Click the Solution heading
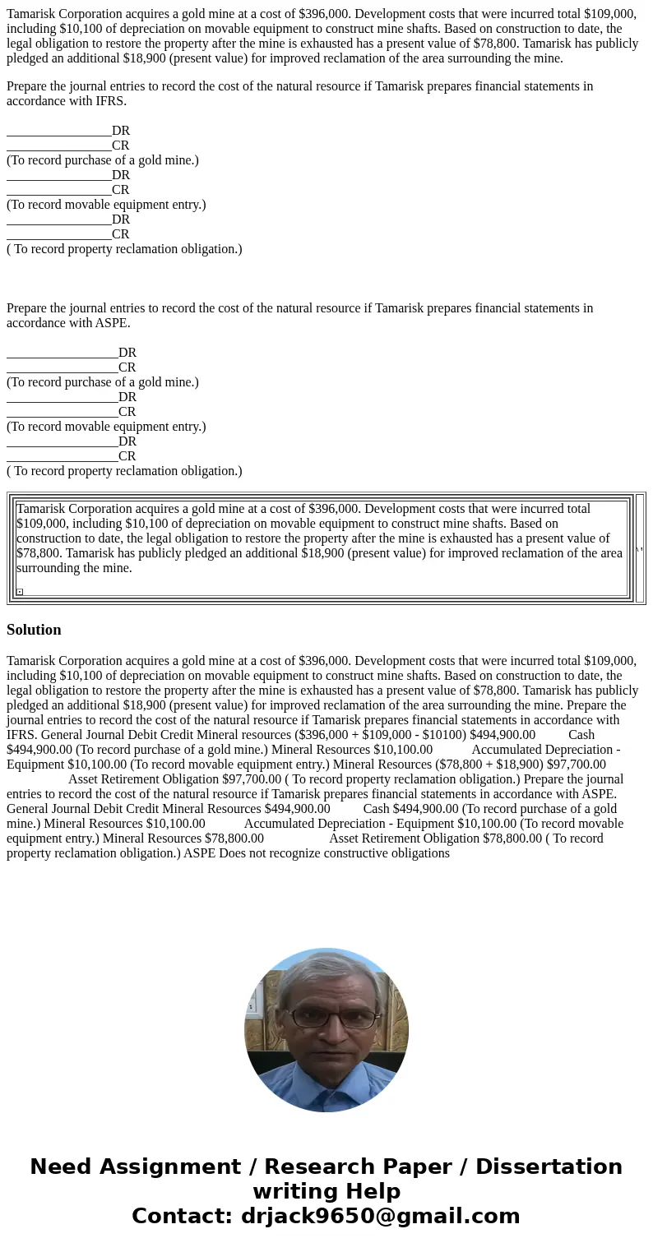(34, 630)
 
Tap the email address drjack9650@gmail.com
(380, 1217)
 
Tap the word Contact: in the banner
(182, 1217)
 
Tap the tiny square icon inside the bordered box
(20, 592)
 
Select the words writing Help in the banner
(326, 1192)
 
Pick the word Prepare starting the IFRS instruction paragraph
(30, 86)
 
